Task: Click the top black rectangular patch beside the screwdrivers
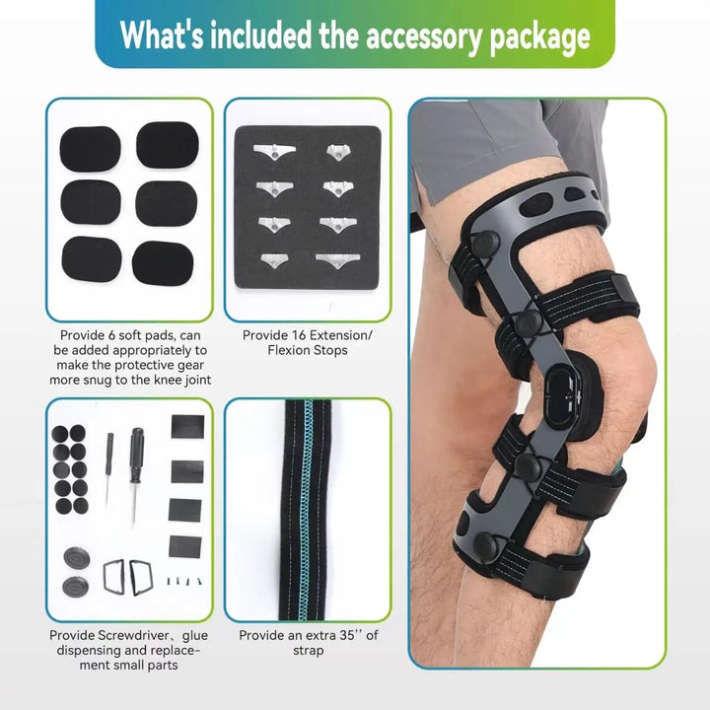[186, 427]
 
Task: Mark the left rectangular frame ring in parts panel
[112, 575]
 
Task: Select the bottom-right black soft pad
[167, 261]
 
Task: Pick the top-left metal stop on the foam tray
[268, 152]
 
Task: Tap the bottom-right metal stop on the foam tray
[335, 260]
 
